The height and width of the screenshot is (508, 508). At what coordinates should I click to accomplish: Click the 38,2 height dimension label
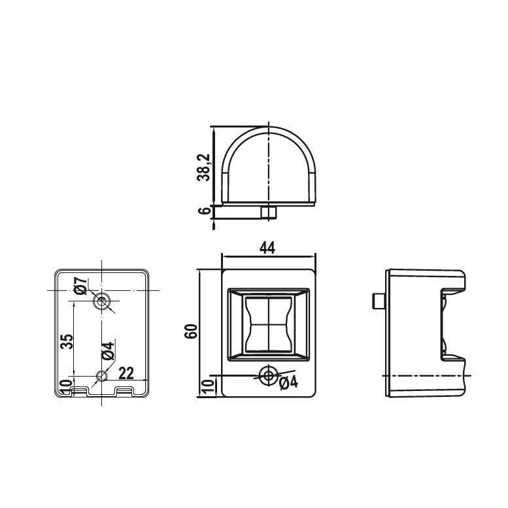pos(203,167)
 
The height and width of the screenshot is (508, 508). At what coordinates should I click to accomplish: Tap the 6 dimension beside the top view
pos(204,211)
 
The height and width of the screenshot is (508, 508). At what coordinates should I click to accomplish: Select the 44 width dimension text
pos(267,248)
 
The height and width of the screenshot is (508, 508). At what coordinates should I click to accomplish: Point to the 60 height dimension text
pos(191,331)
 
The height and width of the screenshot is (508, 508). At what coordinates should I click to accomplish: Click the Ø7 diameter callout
pos(80,286)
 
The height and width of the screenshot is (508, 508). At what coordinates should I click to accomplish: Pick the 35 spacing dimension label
pos(67,341)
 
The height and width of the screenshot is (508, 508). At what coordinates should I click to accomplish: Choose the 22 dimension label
pos(126,373)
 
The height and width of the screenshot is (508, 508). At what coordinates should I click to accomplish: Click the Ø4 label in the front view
pos(288,383)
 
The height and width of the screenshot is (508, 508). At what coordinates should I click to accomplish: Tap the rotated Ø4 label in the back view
pos(108,350)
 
